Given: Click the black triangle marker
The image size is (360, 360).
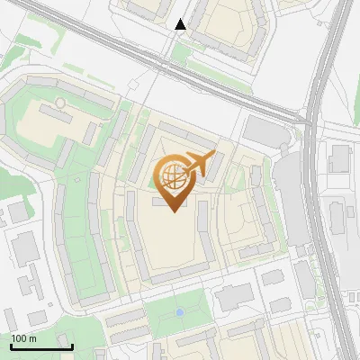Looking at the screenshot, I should (181, 24).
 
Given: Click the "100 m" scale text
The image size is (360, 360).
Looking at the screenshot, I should (23, 338).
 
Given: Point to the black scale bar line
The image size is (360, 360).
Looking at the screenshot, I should (41, 346).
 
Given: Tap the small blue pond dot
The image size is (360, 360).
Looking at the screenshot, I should (179, 311).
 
